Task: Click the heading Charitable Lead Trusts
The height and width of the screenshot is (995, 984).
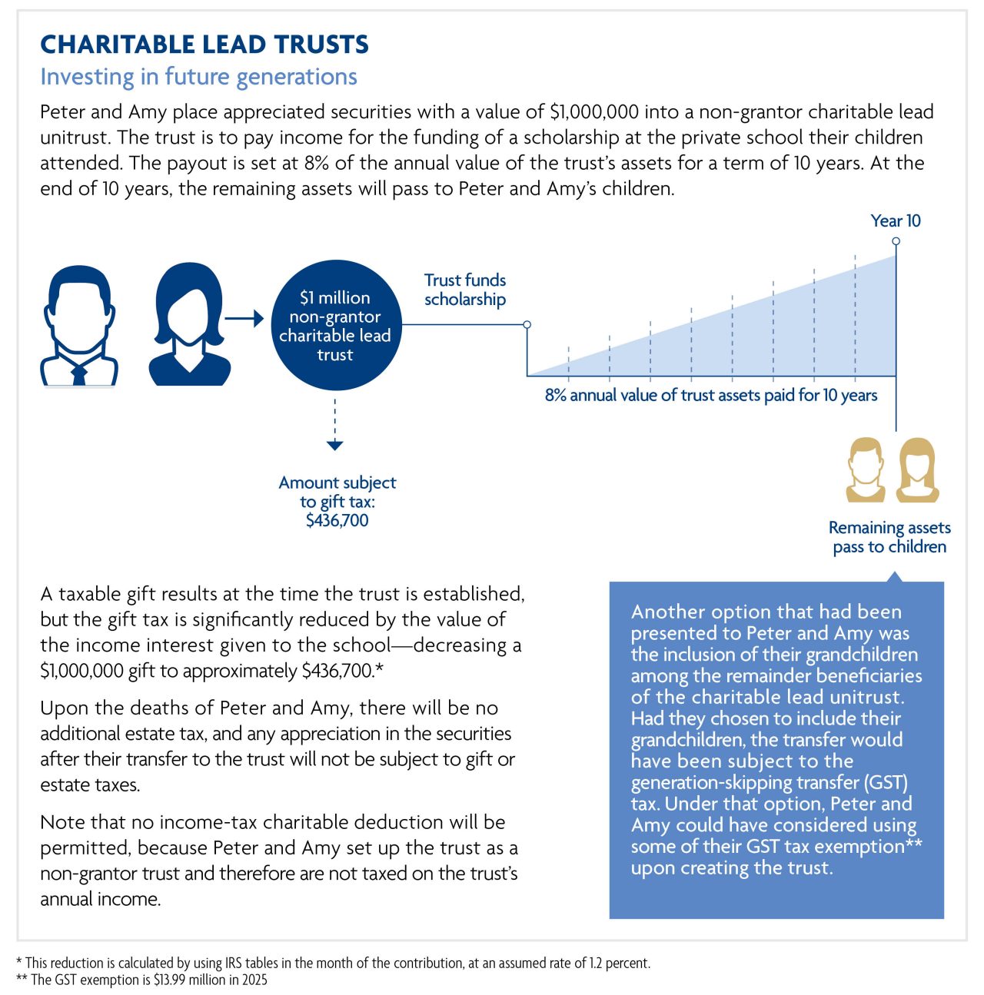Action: point(204,45)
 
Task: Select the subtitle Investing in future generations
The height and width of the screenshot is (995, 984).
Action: point(198,77)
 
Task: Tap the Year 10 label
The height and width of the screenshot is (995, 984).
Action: point(895,221)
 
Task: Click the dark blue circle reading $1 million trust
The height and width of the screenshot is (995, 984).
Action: point(335,326)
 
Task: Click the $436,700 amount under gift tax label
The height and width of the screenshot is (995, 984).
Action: point(337,520)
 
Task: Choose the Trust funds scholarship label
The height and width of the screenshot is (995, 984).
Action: point(464,290)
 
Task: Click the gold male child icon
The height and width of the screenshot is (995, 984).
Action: point(866,469)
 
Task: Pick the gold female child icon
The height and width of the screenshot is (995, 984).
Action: point(918,469)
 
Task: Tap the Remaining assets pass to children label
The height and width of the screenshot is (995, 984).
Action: point(889,537)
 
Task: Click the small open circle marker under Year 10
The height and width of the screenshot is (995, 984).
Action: point(896,241)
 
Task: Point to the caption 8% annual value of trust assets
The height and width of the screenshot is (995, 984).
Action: point(710,395)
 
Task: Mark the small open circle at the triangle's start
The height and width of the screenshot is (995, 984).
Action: point(527,324)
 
